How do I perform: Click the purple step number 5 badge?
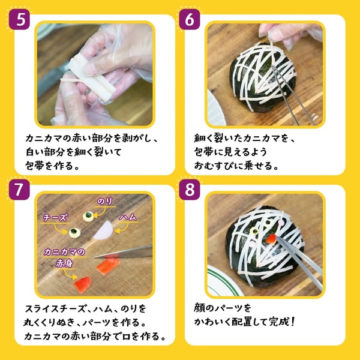click(20, 19)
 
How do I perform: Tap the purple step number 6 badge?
click(190, 19)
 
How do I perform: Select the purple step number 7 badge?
click(20, 190)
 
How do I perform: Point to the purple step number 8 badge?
click(190, 190)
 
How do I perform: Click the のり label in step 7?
click(105, 202)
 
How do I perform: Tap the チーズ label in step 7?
click(56, 217)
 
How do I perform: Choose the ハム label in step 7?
click(128, 217)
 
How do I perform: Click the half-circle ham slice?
click(103, 230)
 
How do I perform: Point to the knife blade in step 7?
click(124, 252)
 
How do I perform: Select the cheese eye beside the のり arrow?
click(88, 216)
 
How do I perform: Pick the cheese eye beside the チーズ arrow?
click(74, 232)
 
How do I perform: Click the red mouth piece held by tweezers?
click(271, 239)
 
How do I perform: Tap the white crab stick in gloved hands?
click(91, 75)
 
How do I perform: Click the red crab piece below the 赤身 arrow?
click(83, 284)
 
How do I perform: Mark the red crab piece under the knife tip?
click(108, 266)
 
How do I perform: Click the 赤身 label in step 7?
click(65, 264)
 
